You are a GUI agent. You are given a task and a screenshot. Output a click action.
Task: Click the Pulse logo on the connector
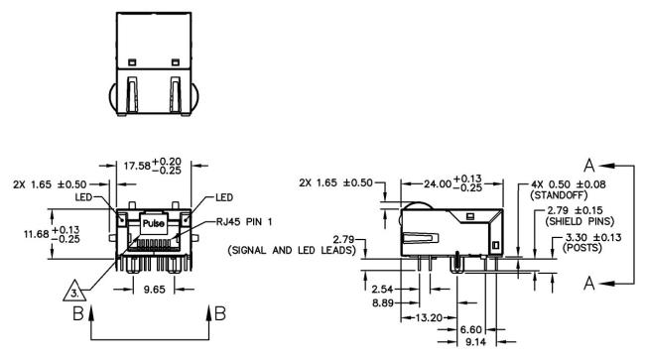click(154, 223)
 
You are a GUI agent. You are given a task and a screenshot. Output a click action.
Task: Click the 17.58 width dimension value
click(137, 166)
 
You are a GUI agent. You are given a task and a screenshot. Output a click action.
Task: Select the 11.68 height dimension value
click(36, 234)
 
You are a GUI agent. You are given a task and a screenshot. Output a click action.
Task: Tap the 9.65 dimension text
click(154, 290)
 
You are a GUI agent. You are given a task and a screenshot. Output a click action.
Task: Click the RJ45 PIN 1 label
click(244, 222)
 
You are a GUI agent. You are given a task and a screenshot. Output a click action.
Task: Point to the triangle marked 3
click(74, 292)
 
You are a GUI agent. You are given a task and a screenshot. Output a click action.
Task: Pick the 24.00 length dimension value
click(438, 183)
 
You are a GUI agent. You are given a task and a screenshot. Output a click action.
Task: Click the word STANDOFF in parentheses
click(560, 194)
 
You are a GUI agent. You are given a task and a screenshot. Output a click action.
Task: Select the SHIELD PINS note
click(580, 221)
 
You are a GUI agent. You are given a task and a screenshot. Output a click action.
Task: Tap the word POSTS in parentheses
click(582, 248)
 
